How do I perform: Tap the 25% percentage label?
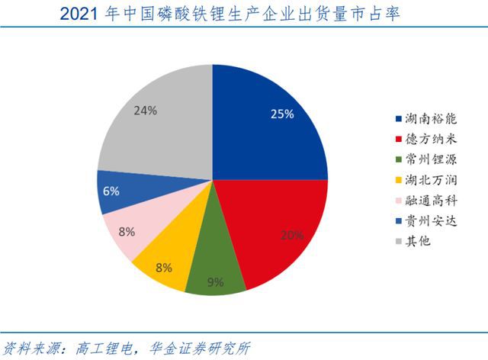click(x=282, y=114)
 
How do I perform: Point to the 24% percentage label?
click(x=145, y=111)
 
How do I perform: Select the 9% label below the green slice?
click(x=216, y=283)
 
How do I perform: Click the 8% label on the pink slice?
click(x=126, y=230)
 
